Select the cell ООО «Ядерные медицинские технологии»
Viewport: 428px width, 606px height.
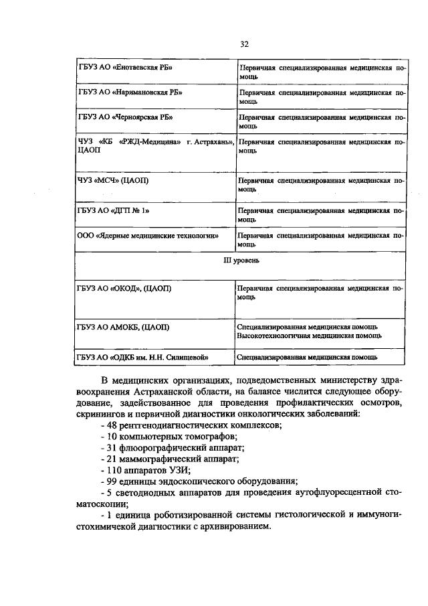[x=153, y=236]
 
